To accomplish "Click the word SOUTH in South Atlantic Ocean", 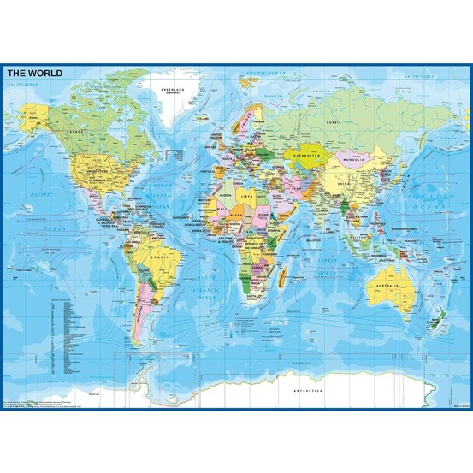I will [206, 275].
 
